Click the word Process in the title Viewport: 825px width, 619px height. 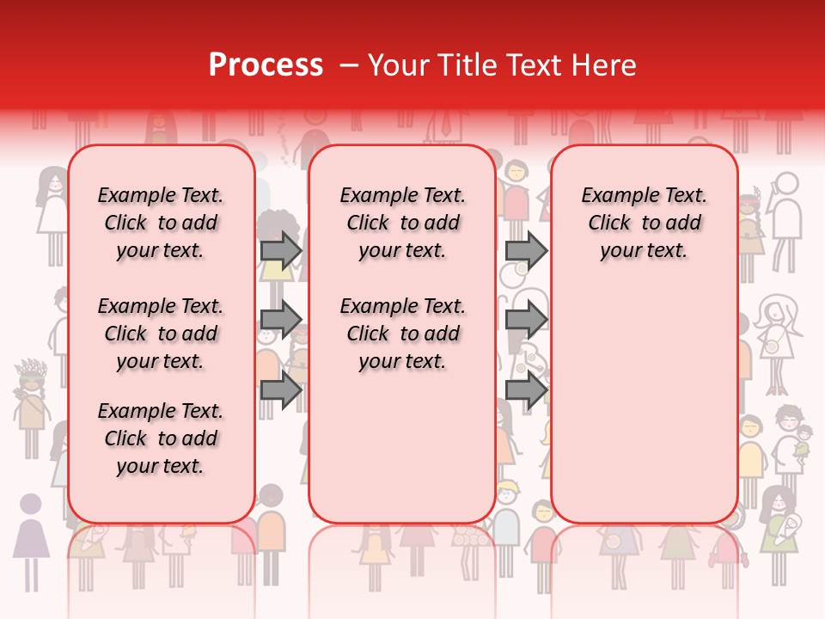266,65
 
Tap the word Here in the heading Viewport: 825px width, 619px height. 606,65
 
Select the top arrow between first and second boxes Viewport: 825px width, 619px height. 281,250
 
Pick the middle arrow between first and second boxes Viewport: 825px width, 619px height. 281,320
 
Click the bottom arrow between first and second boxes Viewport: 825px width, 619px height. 281,390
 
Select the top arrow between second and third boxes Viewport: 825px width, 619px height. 525,250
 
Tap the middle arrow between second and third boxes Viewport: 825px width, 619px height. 525,320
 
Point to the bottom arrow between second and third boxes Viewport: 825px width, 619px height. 525,390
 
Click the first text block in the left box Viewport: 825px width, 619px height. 161,223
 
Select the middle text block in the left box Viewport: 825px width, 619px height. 161,334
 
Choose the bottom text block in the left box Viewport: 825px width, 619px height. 161,438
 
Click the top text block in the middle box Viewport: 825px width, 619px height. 402,223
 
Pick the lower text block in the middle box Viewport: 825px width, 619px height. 402,334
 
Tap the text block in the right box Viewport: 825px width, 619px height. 644,223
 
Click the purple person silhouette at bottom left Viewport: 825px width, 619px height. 32,537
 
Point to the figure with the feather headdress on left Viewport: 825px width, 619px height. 32,404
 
